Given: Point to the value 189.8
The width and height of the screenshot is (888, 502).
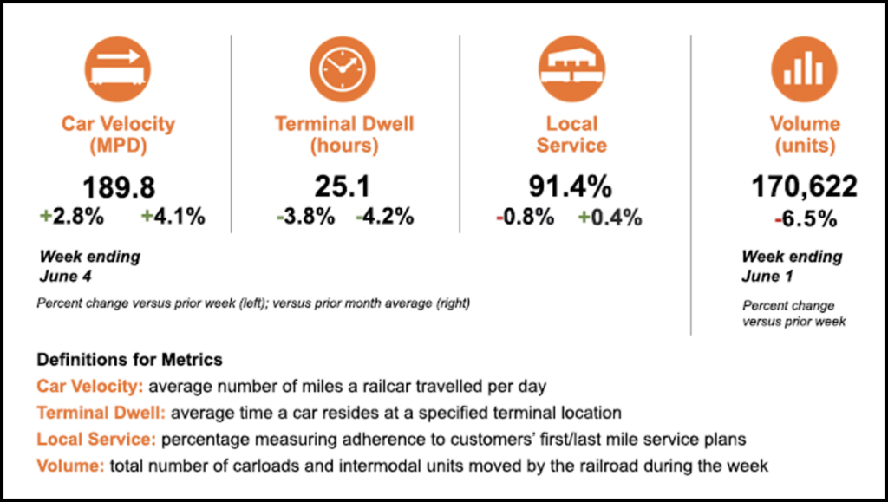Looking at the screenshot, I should (x=118, y=187).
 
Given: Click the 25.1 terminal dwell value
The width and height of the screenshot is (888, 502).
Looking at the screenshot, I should (x=344, y=187).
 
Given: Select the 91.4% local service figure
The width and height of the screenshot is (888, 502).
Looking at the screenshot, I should (x=571, y=187).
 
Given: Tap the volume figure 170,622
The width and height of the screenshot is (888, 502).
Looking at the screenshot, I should (x=804, y=187).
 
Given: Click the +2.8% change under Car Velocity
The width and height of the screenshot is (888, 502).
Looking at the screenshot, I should (x=72, y=217).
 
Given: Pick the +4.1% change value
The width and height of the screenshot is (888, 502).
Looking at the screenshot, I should (x=173, y=217).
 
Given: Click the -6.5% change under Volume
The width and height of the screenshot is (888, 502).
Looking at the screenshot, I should (x=805, y=218).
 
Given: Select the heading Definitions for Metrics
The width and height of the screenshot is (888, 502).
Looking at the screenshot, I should (x=129, y=359).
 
